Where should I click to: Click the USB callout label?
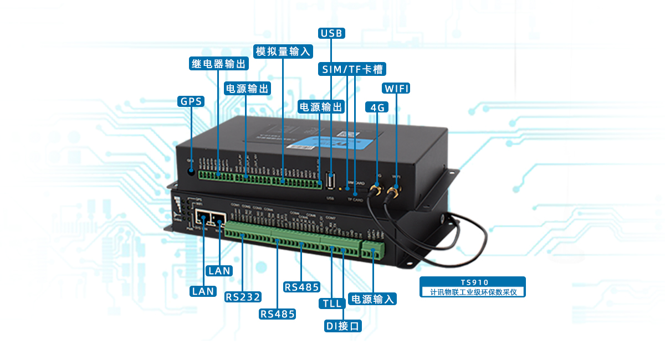[332, 33]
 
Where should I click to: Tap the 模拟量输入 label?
[283, 52]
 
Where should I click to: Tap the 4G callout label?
[377, 107]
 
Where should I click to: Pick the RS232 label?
[243, 296]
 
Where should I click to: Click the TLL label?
[331, 304]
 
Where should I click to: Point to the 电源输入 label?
[373, 300]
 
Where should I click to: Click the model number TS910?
[472, 282]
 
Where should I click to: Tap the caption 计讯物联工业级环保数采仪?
[472, 291]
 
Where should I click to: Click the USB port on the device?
[331, 182]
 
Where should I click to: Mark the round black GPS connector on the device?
[192, 171]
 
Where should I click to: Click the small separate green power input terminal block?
[373, 250]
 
